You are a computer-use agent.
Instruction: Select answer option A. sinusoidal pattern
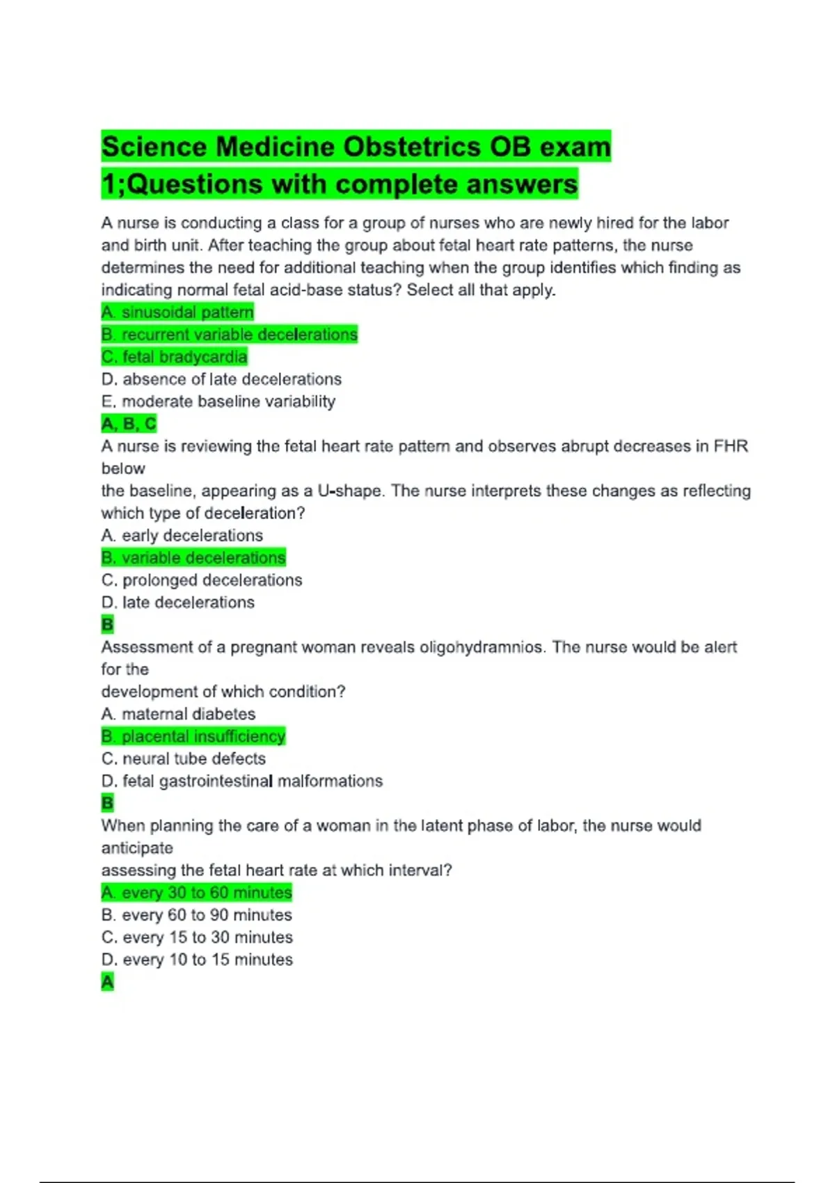pyautogui.click(x=177, y=312)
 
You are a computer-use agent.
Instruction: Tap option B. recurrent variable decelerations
pyautogui.click(x=229, y=334)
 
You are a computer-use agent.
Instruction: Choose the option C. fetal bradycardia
pyautogui.click(x=174, y=356)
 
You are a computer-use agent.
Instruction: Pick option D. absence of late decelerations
pyautogui.click(x=221, y=379)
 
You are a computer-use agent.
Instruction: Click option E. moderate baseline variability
pyautogui.click(x=218, y=401)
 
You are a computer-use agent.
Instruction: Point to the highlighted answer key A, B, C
pyautogui.click(x=129, y=423)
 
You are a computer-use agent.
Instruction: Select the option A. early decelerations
pyautogui.click(x=182, y=535)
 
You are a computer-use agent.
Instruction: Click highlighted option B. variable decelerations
pyautogui.click(x=193, y=557)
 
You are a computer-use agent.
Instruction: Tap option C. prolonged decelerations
pyautogui.click(x=202, y=580)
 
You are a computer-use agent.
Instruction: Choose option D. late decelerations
pyautogui.click(x=177, y=602)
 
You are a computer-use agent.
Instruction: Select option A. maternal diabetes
pyautogui.click(x=178, y=713)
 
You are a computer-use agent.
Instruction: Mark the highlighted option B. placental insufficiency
pyautogui.click(x=193, y=736)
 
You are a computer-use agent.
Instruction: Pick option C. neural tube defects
pyautogui.click(x=183, y=758)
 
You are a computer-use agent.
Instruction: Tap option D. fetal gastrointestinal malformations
pyautogui.click(x=241, y=781)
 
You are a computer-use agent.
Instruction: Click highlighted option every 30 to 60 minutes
pyautogui.click(x=196, y=892)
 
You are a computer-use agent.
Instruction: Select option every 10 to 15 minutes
pyautogui.click(x=197, y=959)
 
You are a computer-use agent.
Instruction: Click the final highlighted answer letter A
pyautogui.click(x=107, y=982)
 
